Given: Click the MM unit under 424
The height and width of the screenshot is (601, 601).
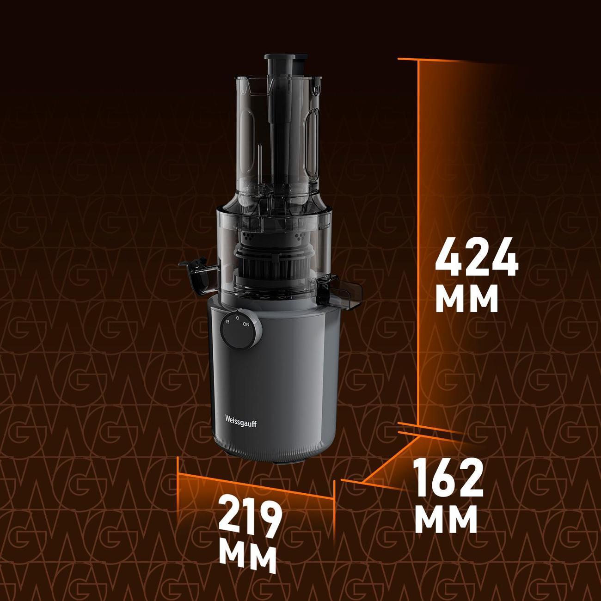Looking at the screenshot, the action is click(x=466, y=299).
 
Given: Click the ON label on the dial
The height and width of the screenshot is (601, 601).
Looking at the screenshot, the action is click(x=246, y=325).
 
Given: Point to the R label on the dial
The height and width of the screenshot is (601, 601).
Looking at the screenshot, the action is click(x=227, y=321).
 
